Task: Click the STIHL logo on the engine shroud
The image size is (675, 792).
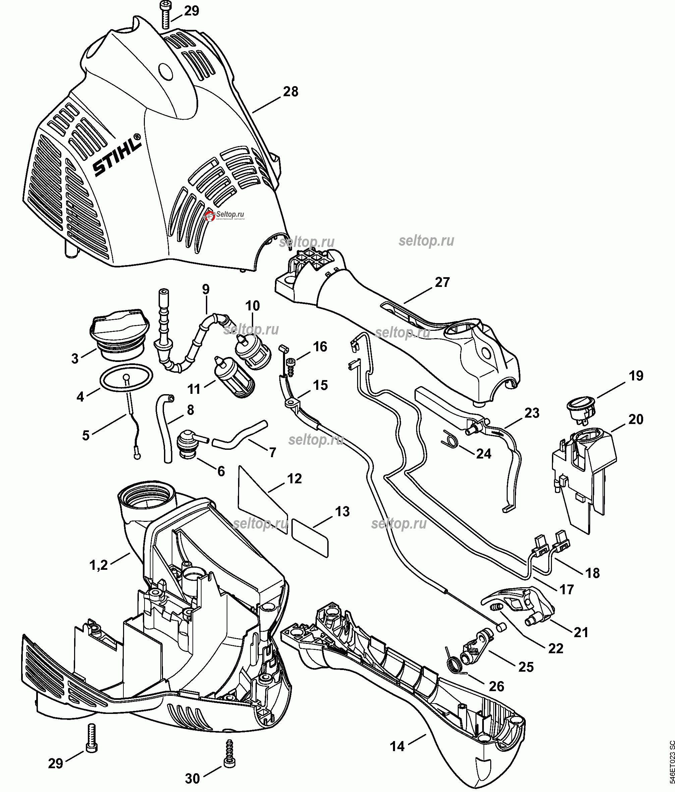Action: pyautogui.click(x=117, y=156)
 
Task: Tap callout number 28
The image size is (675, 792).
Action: pyautogui.click(x=291, y=92)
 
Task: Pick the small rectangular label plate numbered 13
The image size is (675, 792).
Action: pyautogui.click(x=310, y=538)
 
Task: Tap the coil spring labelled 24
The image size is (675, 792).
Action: pyautogui.click(x=451, y=438)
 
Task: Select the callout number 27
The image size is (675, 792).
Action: pyautogui.click(x=443, y=282)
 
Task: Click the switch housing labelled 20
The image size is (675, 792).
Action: pyautogui.click(x=583, y=478)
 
